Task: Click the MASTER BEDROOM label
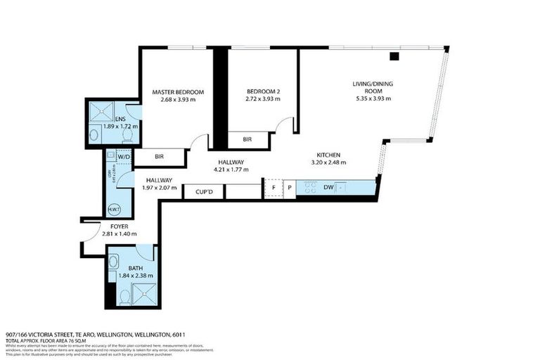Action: (x=178, y=92)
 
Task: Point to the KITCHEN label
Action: (x=328, y=154)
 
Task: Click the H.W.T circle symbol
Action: (x=115, y=209)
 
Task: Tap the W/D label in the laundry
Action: (x=124, y=157)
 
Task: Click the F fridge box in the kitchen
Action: (x=272, y=188)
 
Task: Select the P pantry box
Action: (x=289, y=188)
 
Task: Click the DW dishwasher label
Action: (x=328, y=188)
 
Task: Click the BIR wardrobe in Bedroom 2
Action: (x=247, y=140)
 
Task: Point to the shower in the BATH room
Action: (x=143, y=295)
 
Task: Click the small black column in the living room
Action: (x=394, y=56)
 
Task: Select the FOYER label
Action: (x=119, y=226)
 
